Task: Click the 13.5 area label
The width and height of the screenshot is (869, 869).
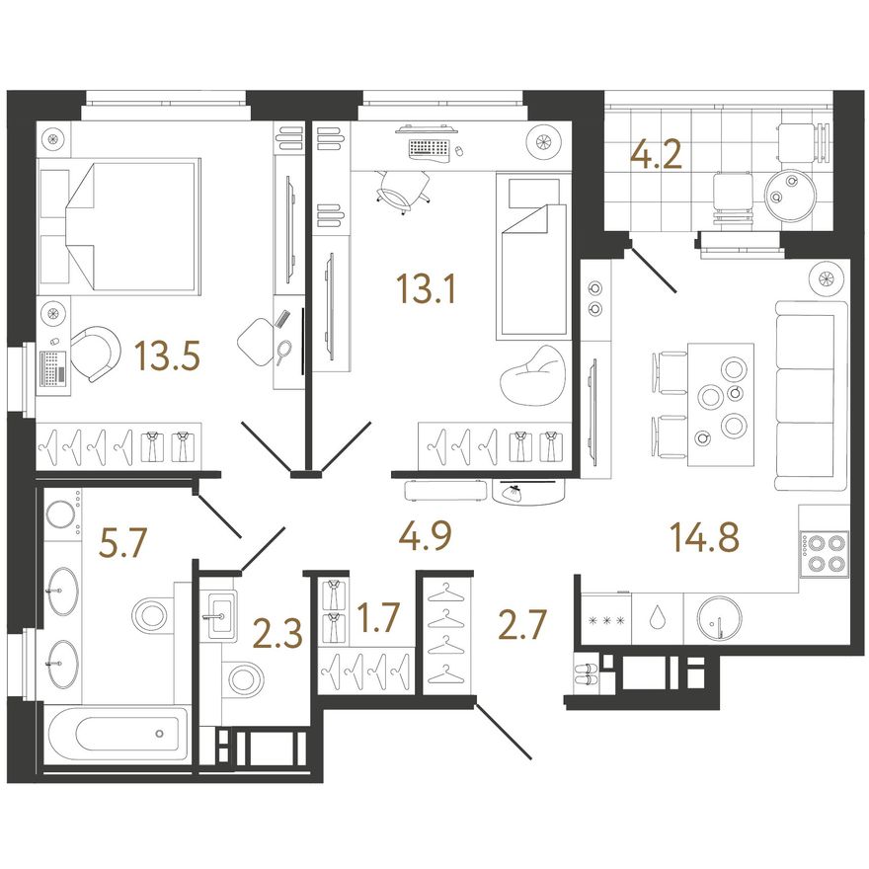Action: point(167,355)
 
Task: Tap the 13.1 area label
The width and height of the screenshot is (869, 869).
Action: point(426,289)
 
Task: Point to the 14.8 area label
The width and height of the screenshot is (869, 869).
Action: point(704,537)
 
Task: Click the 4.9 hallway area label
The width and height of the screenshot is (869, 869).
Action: point(425,536)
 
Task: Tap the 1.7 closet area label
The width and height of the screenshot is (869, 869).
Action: point(377,617)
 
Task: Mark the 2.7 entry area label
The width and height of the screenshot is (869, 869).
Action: point(522,624)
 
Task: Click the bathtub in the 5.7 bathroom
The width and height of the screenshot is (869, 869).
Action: point(118,734)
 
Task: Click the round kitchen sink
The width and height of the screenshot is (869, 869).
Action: point(719,619)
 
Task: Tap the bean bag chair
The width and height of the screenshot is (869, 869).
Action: point(532,375)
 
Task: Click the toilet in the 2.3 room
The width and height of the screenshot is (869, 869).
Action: point(243,676)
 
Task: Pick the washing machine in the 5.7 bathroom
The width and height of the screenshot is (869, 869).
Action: point(61,513)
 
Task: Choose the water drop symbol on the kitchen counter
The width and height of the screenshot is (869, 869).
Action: point(658,618)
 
